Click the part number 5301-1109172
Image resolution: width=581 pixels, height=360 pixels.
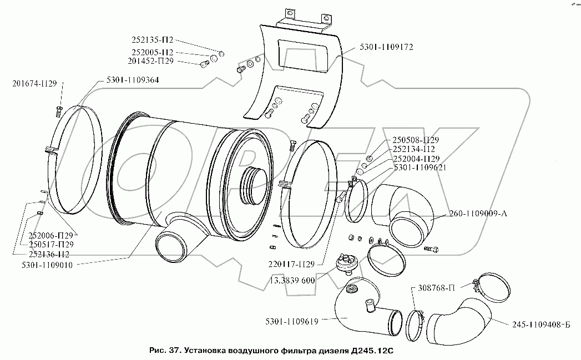386,47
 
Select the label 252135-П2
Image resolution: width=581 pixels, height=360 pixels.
152,40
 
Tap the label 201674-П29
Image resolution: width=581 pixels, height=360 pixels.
34,84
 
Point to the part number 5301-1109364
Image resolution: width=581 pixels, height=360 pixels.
132,80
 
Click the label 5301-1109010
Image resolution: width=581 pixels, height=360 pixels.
47,265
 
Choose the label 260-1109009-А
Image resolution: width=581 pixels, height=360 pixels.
478,214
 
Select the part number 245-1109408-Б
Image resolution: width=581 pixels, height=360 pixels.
542,324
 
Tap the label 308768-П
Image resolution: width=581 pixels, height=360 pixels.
437,288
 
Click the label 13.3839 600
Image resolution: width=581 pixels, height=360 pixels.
292,280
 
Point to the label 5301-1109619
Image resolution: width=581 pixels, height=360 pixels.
292,322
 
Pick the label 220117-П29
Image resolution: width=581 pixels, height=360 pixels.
291,264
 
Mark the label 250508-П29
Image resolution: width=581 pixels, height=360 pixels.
416,140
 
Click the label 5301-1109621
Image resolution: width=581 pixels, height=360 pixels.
420,168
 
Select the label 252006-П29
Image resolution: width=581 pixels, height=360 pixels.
51,236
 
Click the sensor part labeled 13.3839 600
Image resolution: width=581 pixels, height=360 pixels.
344,263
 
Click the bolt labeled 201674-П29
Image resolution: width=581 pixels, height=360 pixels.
59,110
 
